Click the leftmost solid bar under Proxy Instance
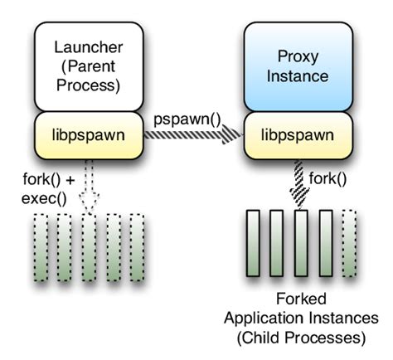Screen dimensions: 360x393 [x=255, y=246]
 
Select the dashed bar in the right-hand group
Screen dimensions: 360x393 [x=350, y=246]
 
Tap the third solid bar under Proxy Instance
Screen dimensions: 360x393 [x=303, y=246]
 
